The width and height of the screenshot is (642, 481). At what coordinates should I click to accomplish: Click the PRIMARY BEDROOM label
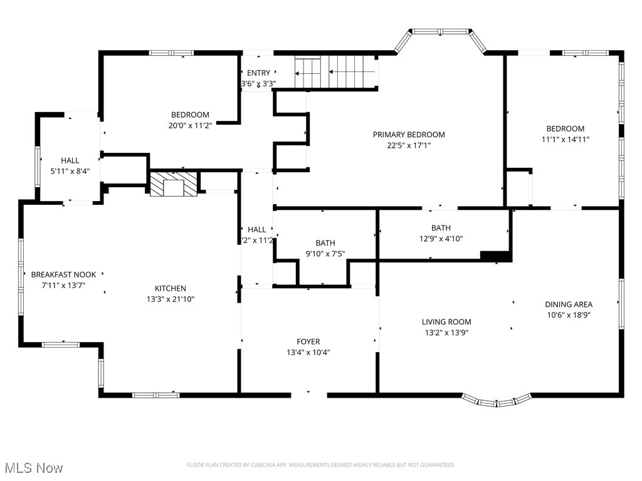click(x=409, y=135)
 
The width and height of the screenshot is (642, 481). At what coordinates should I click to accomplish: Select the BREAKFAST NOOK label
click(x=63, y=275)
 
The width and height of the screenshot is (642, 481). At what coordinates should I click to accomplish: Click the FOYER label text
click(x=308, y=342)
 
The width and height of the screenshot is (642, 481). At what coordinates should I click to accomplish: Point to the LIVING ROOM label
click(x=446, y=322)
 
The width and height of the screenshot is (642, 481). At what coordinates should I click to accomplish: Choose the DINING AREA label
click(x=568, y=305)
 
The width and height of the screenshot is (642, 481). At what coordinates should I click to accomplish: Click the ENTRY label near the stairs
click(x=258, y=73)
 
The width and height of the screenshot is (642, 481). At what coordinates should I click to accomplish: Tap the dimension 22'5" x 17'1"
click(x=409, y=145)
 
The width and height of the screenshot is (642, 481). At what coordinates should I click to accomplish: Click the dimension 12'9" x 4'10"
click(x=441, y=239)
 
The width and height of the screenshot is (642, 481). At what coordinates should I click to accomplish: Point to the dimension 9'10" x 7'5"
click(x=325, y=254)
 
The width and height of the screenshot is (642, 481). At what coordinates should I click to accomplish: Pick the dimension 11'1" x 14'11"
click(x=564, y=140)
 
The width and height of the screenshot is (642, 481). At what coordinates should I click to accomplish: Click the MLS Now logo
click(x=33, y=468)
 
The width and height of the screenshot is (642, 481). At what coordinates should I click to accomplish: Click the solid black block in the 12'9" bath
click(x=495, y=256)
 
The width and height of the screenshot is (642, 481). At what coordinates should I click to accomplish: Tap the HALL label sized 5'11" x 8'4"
click(x=70, y=161)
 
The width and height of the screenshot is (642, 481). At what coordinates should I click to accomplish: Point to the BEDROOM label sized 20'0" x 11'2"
click(x=190, y=115)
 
